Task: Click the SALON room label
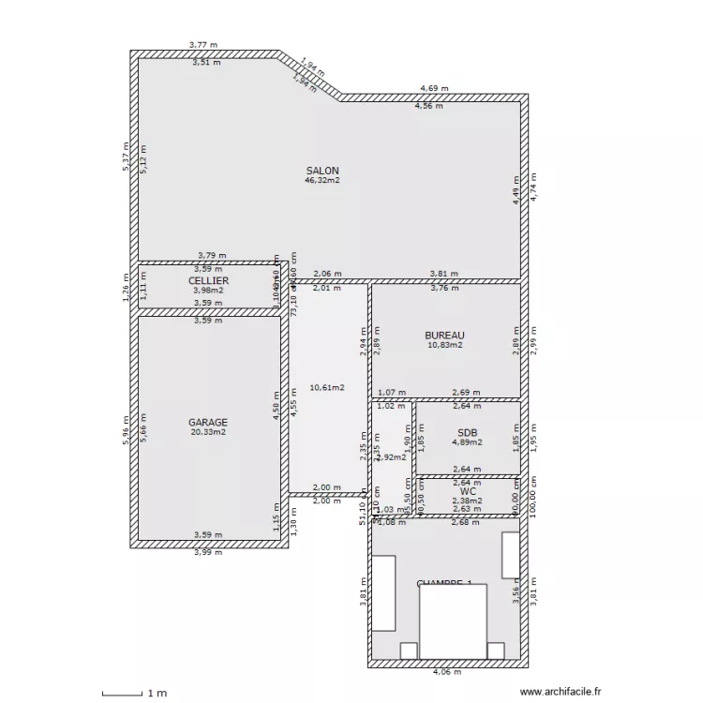click(322, 171)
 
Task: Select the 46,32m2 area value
click(322, 180)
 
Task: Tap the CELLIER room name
click(208, 280)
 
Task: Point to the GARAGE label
click(208, 423)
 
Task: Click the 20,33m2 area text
click(208, 432)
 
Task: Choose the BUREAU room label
click(444, 336)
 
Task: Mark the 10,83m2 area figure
click(444, 345)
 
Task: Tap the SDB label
click(467, 432)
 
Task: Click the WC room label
click(468, 490)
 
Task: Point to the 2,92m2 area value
click(391, 457)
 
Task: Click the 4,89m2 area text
click(467, 442)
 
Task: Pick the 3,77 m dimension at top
click(203, 44)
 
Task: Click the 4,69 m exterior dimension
click(434, 88)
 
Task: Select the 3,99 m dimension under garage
click(208, 552)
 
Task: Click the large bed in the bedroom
click(453, 621)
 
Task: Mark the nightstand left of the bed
click(409, 651)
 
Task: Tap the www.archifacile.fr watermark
click(560, 692)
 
